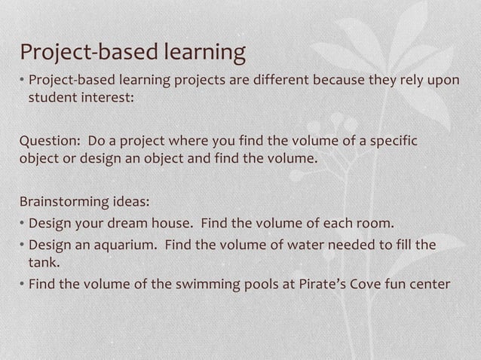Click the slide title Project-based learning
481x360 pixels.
[x=133, y=53]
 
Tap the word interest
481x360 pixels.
[x=108, y=97]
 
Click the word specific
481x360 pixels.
[x=391, y=142]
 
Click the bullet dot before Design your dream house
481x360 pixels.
[x=23, y=224]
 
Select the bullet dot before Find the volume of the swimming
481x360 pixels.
[x=23, y=285]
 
